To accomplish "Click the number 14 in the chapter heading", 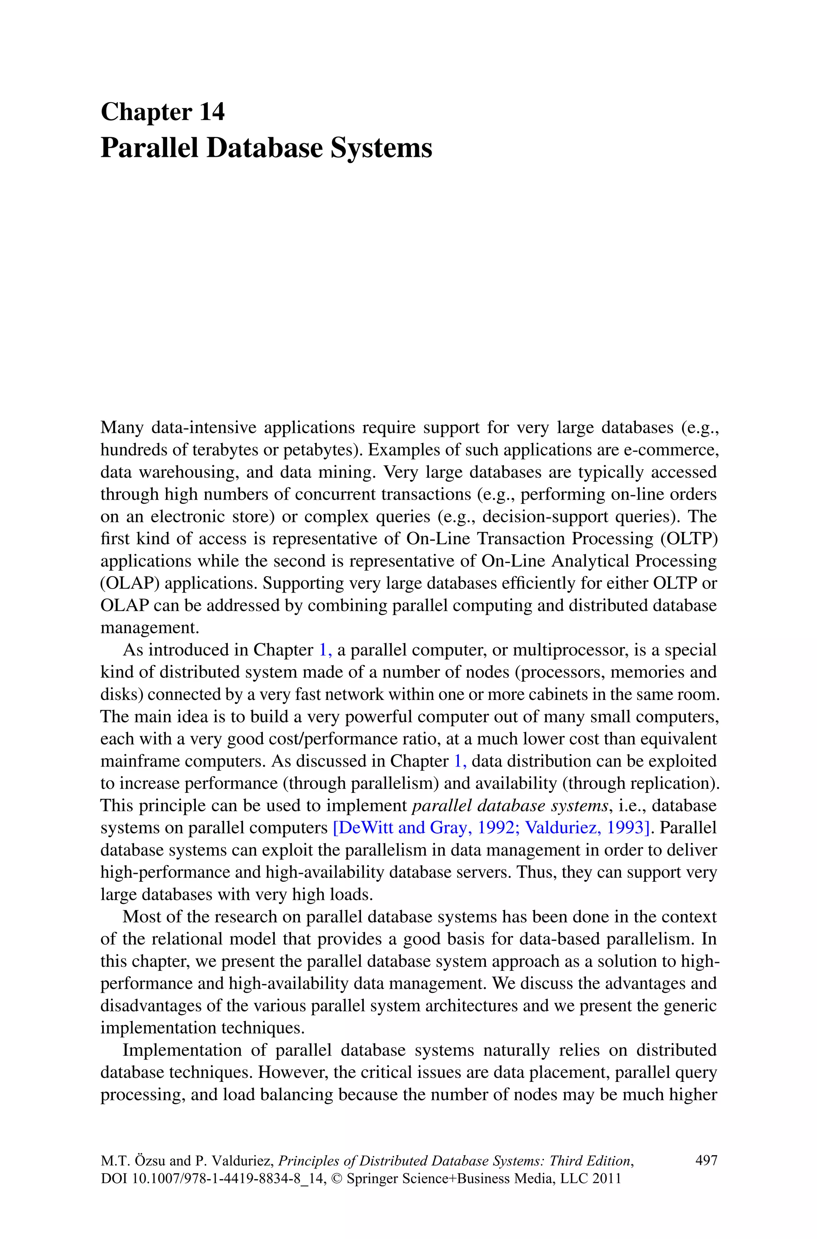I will pyautogui.click(x=211, y=112).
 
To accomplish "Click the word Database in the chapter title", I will pyautogui.click(x=265, y=148).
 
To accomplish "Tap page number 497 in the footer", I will pyautogui.click(x=706, y=1161).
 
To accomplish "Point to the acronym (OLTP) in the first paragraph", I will pyautogui.click(x=689, y=539).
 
